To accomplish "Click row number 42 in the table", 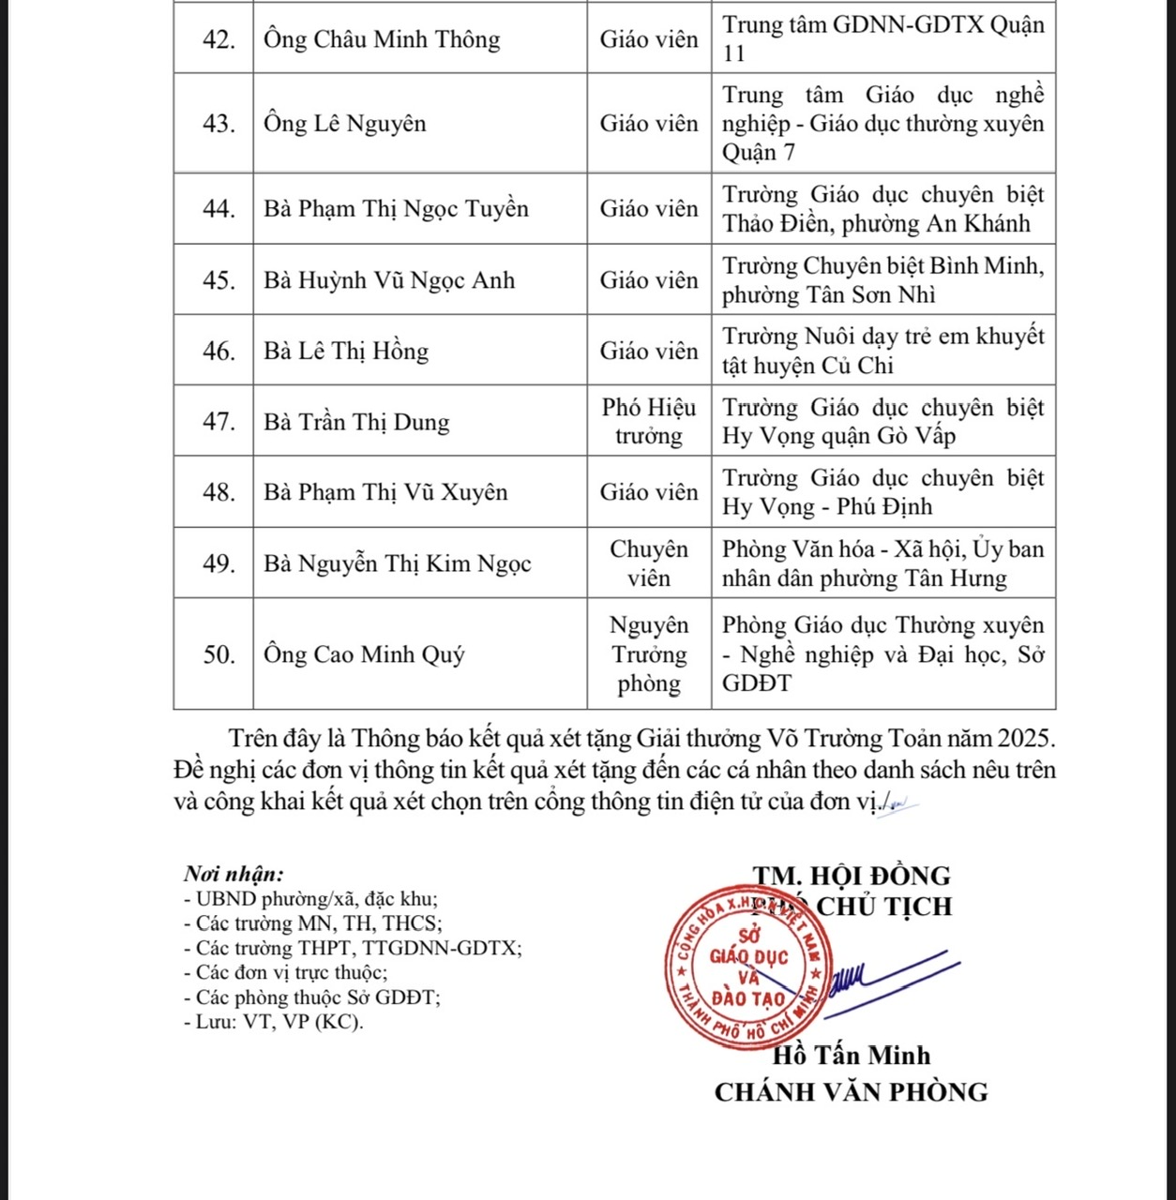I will tap(219, 40).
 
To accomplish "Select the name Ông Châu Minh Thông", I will tap(381, 40).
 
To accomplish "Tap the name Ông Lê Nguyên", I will tap(344, 124).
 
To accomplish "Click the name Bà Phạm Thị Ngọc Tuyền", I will tap(395, 208).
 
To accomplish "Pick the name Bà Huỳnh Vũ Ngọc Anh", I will tap(388, 279).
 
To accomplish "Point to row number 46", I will tap(219, 351).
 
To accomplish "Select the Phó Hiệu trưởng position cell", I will tap(649, 421).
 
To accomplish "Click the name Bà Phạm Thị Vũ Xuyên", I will tap(384, 492).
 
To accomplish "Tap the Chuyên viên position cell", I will tap(649, 562).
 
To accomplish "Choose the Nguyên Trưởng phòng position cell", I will tap(649, 653).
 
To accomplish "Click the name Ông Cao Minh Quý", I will tap(363, 653).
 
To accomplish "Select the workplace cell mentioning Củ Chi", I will tap(882, 351).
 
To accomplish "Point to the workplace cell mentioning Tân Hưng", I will tap(882, 562).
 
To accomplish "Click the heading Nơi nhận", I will tap(234, 874).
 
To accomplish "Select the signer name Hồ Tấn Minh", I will tap(851, 1056).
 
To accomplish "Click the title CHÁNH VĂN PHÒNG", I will tap(851, 1092).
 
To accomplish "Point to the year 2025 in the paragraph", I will tap(1026, 739).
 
